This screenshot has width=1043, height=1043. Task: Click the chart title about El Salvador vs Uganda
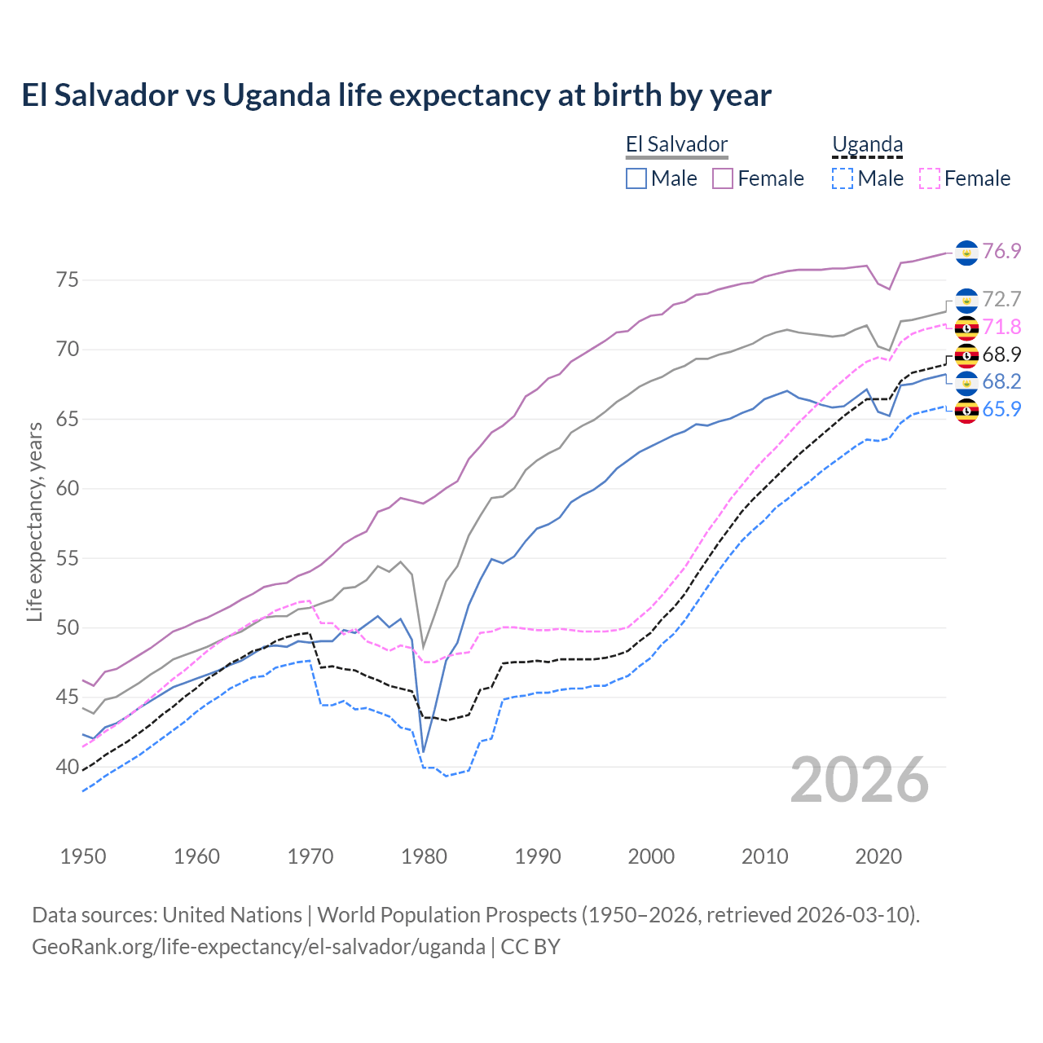[x=396, y=95]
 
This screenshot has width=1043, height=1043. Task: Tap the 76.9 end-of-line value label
[x=1001, y=251]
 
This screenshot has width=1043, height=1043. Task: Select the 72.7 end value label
[x=1001, y=299]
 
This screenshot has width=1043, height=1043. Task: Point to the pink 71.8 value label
[x=1001, y=327]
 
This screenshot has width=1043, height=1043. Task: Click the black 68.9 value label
[x=1001, y=354]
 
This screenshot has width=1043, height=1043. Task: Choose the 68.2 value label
[x=1001, y=381]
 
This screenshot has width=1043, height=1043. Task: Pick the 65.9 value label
[x=1001, y=409]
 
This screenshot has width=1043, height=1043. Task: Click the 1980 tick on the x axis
[x=424, y=856]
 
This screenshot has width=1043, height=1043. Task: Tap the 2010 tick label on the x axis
[x=764, y=856]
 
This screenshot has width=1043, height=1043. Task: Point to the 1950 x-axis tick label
[x=83, y=856]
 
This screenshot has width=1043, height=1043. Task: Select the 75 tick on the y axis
[x=67, y=280]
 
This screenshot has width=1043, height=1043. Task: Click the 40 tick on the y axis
[x=67, y=767]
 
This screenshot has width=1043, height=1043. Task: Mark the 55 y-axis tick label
[x=67, y=559]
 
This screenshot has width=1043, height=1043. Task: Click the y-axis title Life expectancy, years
[x=34, y=521]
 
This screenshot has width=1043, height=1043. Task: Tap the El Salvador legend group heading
[x=676, y=145]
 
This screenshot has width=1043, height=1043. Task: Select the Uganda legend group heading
[x=867, y=145]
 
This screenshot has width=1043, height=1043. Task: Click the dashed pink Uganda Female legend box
[x=930, y=178]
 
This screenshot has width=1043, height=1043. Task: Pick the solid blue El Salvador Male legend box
[x=636, y=178]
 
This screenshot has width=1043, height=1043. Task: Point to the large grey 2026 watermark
[x=860, y=781]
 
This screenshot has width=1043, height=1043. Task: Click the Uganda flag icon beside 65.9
[x=966, y=411]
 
